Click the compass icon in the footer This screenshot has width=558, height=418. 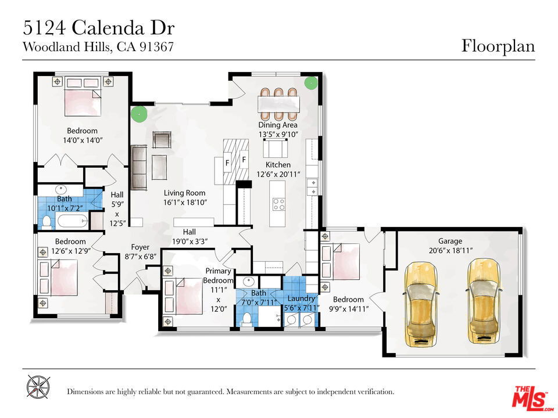pyautogui.click(x=38, y=387)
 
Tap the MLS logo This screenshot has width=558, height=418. pyautogui.click(x=532, y=397)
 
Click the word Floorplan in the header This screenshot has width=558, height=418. pyautogui.click(x=498, y=46)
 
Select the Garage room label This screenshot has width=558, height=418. pyautogui.click(x=450, y=241)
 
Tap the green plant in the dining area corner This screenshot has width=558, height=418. pyautogui.click(x=310, y=83)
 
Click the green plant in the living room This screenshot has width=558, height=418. pyautogui.click(x=139, y=114)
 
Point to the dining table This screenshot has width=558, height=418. pyautogui.click(x=278, y=104)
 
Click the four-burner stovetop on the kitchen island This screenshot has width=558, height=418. pyautogui.click(x=278, y=204)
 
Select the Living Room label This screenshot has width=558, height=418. pyautogui.click(x=184, y=193)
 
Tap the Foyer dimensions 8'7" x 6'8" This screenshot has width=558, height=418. pyautogui.click(x=140, y=256)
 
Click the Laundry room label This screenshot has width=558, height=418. pyautogui.click(x=301, y=298)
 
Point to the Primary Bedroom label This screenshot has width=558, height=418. pyautogui.click(x=218, y=275)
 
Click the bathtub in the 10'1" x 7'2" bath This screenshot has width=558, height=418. pyautogui.click(x=72, y=221)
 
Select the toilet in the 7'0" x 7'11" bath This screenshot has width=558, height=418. pyautogui.click(x=246, y=319)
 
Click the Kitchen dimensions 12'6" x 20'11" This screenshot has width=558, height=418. pyautogui.click(x=278, y=174)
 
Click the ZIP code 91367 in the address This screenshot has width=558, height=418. pyautogui.click(x=156, y=47)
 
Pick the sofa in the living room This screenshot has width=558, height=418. pyautogui.click(x=139, y=167)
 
